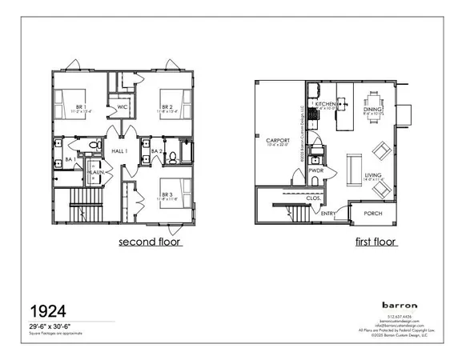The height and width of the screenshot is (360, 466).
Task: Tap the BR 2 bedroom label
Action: click(167, 106)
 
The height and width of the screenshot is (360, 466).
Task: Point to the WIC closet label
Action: click(123, 106)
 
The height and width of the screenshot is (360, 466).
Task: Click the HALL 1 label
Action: click(120, 151)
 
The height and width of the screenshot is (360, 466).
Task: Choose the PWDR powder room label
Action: click(315, 170)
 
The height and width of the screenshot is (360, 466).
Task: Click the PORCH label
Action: click(373, 214)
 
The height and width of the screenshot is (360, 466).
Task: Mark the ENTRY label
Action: click(328, 214)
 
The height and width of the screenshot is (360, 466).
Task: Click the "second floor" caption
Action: click(150, 241)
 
